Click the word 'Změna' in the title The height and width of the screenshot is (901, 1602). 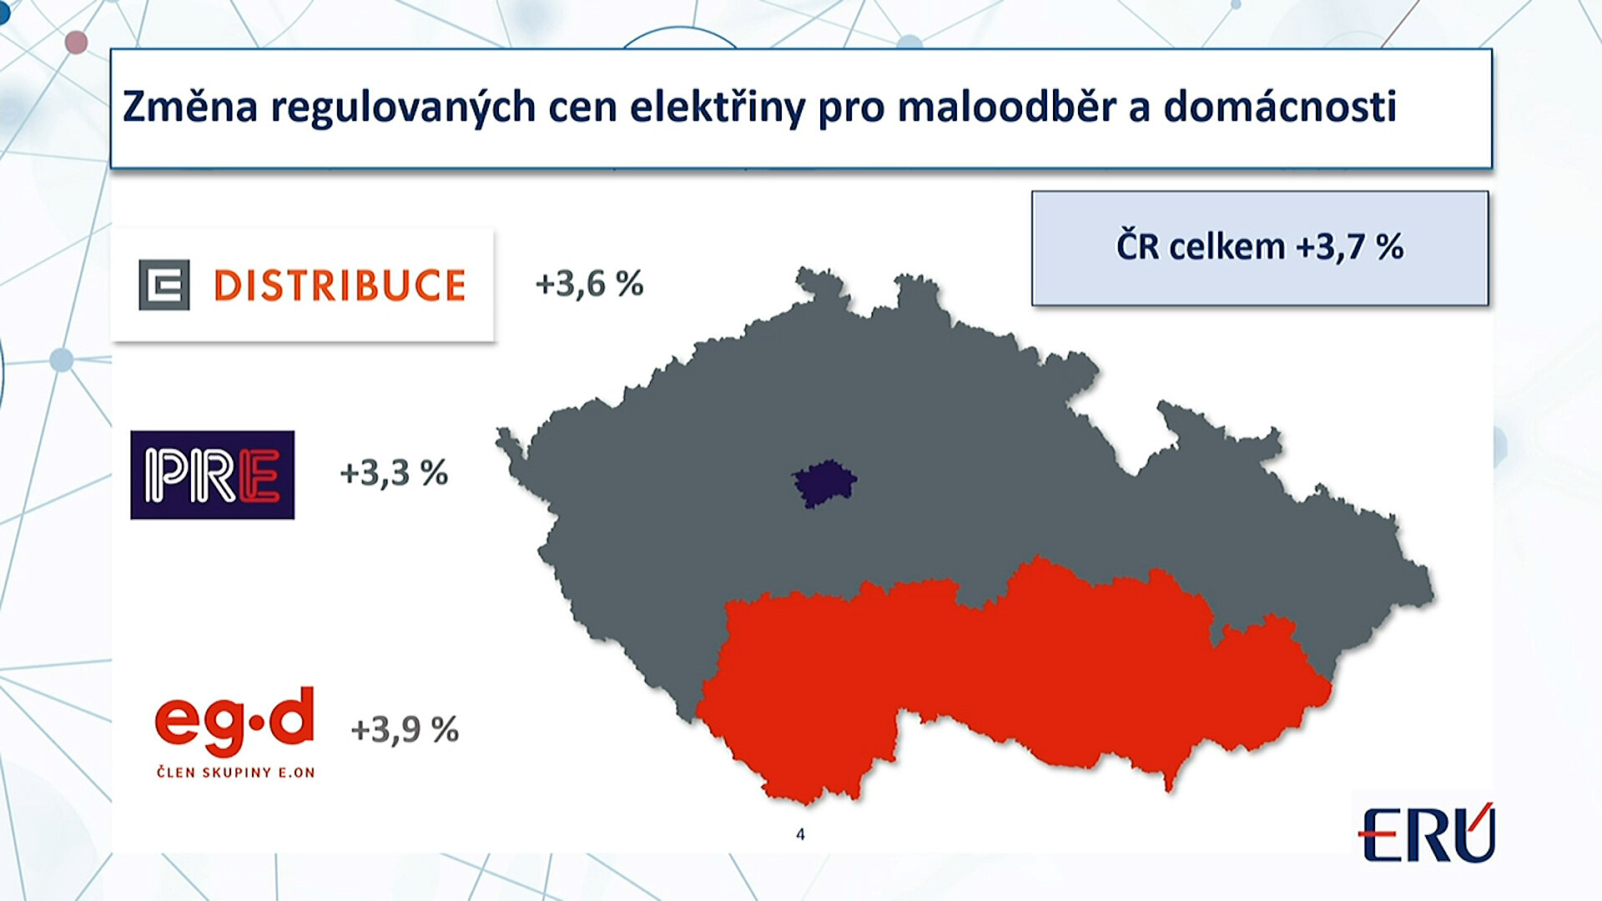tap(190, 107)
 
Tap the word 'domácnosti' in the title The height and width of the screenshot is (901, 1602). tap(1280, 107)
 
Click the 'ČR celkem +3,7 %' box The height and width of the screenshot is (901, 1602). tap(1260, 248)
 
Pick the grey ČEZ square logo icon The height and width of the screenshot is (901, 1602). tap(164, 285)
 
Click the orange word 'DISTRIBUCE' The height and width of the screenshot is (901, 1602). tap(340, 285)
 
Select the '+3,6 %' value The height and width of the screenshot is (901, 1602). tap(590, 284)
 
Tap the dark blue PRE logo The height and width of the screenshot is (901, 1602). tap(212, 475)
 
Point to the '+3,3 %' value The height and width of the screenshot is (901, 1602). tap(394, 474)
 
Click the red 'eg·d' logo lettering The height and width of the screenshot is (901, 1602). tap(234, 719)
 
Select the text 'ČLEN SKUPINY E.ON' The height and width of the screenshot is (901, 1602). tap(236, 773)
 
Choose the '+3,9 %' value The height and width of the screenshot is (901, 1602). tap(405, 730)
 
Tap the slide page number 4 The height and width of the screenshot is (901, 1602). tap(800, 834)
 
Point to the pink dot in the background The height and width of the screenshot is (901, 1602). tap(76, 42)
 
